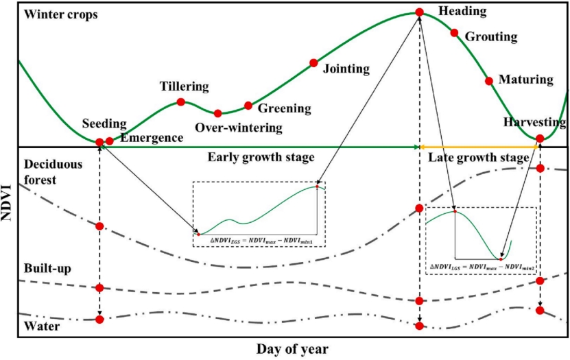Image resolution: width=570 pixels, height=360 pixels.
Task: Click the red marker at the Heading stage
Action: (418, 12)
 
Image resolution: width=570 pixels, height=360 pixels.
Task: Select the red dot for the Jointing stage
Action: (313, 63)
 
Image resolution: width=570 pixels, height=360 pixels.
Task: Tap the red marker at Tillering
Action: (181, 102)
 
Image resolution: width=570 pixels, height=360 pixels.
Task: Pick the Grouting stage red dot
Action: (453, 32)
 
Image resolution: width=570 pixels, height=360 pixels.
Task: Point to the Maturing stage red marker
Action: (489, 81)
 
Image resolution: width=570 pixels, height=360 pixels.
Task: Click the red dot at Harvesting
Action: (540, 139)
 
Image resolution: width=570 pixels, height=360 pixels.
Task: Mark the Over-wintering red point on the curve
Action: (217, 113)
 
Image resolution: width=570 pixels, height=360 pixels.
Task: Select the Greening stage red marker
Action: (248, 106)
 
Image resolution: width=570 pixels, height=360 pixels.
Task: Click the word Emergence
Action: (152, 138)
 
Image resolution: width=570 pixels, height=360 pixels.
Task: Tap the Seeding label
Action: (104, 124)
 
